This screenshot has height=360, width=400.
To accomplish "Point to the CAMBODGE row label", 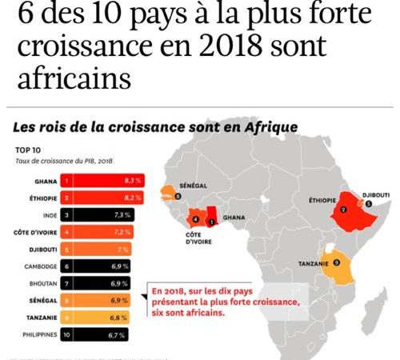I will (x=34, y=265).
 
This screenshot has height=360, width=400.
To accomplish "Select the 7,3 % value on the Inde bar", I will (x=121, y=215).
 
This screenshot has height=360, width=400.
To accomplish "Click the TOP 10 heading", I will (x=29, y=149).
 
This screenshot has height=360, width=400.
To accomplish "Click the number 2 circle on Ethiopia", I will (x=343, y=210).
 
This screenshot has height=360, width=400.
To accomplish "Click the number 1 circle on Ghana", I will (x=210, y=218).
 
